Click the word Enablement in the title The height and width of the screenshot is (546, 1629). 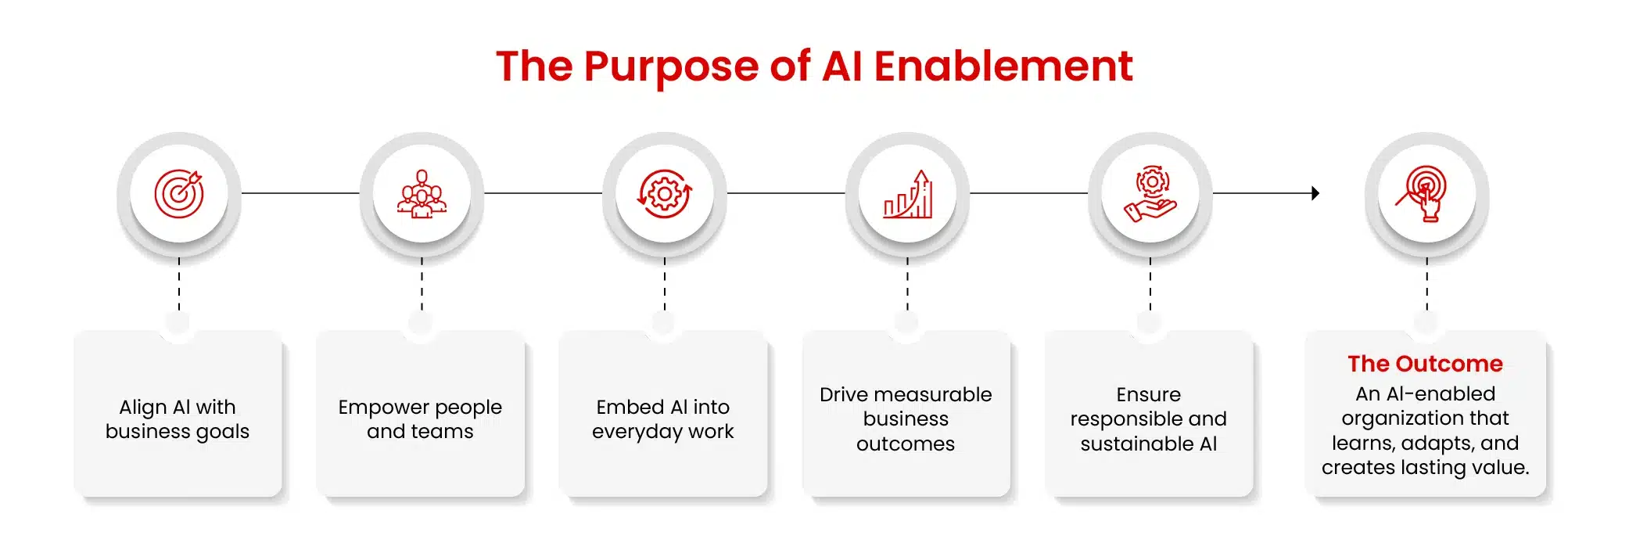click(1003, 66)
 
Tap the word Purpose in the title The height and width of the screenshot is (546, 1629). click(671, 67)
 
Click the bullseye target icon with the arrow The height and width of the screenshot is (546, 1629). click(179, 193)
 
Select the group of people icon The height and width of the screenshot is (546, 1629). click(422, 194)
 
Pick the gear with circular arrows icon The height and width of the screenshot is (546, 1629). click(665, 193)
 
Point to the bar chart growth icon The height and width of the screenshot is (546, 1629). click(908, 194)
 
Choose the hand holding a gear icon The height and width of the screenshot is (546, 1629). click(1150, 193)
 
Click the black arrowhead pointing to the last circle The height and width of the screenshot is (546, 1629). click(1315, 193)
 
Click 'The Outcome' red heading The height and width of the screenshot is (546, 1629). click(1425, 364)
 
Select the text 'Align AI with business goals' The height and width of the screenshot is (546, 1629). click(178, 419)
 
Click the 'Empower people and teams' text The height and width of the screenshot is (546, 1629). click(420, 419)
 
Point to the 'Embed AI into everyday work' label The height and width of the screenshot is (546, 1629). click(663, 419)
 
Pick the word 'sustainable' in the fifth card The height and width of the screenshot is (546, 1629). click(1137, 444)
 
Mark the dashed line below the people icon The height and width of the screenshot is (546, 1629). click(422, 285)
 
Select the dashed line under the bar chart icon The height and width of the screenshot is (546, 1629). click(907, 285)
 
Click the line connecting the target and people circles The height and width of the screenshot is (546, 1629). click(300, 193)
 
